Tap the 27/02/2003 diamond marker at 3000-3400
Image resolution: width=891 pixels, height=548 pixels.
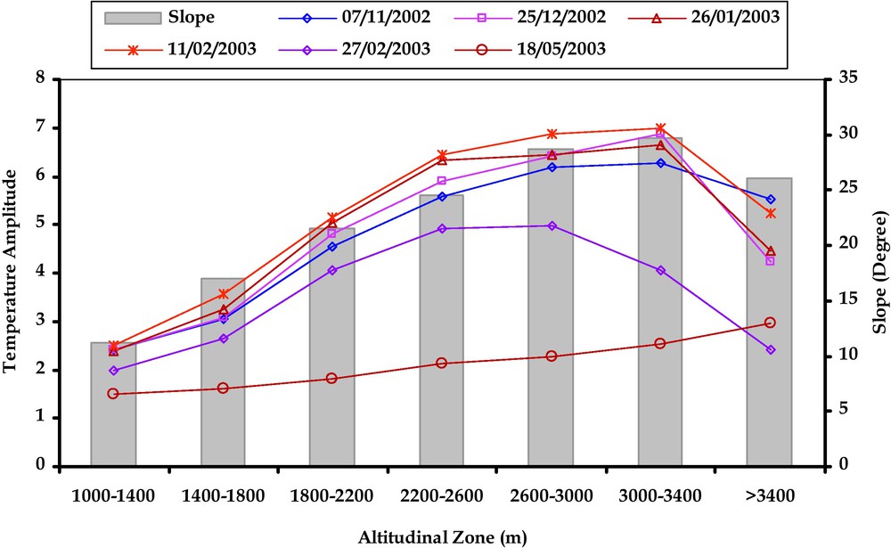click(x=660, y=270)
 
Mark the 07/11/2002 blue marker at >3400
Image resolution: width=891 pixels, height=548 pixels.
click(x=770, y=200)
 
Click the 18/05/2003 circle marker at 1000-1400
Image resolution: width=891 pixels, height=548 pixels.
click(x=113, y=393)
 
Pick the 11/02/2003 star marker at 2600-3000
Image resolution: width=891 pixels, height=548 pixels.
click(x=552, y=134)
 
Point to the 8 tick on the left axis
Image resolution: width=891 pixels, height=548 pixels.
click(x=41, y=79)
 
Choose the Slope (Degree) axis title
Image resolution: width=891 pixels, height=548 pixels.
click(x=877, y=272)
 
